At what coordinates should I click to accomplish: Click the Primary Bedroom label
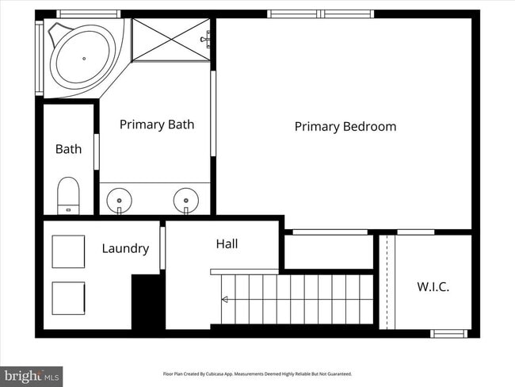[x=345, y=127]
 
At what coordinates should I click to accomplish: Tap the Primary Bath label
[x=157, y=125]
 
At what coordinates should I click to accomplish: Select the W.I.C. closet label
[x=433, y=287]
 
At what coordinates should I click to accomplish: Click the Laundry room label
[x=125, y=248]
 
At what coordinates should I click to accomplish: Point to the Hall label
[x=227, y=244]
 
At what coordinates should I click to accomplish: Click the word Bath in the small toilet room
[x=68, y=149]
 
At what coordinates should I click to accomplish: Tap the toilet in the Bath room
[x=69, y=195]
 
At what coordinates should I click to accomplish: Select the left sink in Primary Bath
[x=120, y=198]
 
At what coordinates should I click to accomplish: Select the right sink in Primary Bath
[x=186, y=198]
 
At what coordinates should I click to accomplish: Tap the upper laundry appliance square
[x=68, y=252]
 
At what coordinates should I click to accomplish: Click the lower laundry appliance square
[x=68, y=298]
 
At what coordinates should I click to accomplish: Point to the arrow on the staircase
[x=226, y=299]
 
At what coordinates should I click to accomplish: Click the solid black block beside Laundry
[x=147, y=302]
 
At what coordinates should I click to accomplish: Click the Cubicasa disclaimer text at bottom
[x=257, y=374]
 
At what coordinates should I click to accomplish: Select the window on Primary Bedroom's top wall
[x=320, y=14]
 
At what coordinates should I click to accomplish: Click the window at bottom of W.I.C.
[x=449, y=333]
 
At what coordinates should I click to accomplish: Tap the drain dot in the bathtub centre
[x=84, y=58]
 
